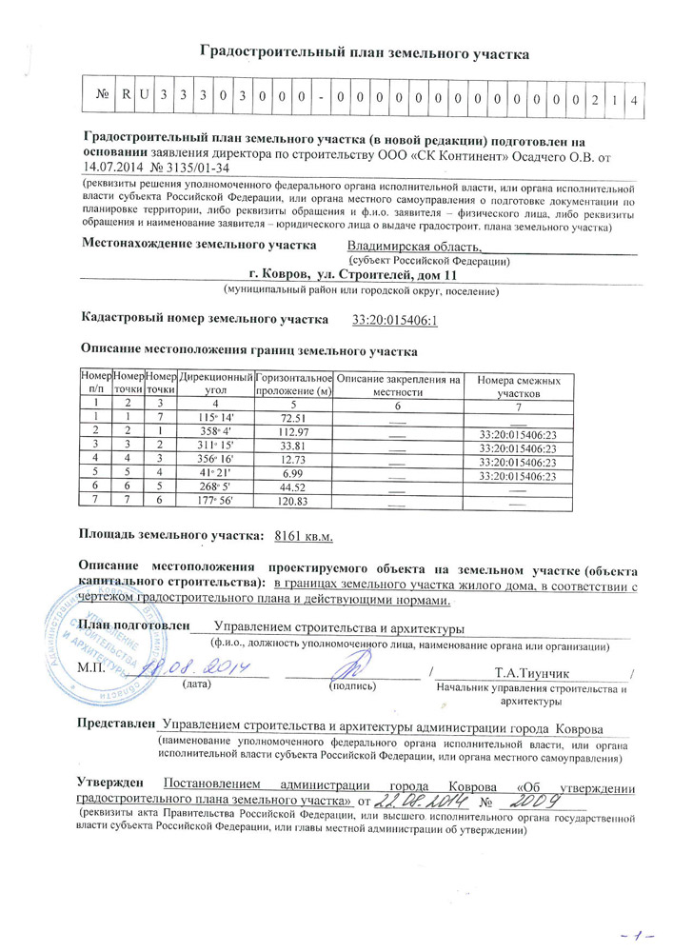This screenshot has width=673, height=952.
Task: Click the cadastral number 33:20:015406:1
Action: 394,321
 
